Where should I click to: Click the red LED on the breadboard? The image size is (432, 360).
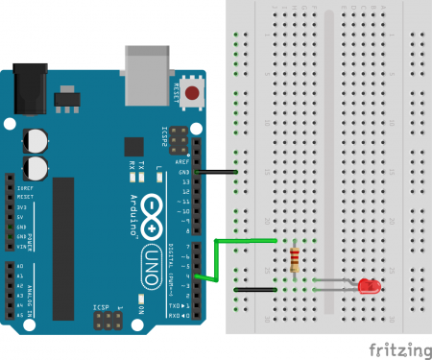[x=366, y=286]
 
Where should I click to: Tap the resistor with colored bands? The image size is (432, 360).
[x=294, y=258]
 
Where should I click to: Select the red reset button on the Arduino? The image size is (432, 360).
[x=194, y=94]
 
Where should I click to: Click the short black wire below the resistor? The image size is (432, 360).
[x=256, y=287]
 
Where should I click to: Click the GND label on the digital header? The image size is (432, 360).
[x=184, y=172]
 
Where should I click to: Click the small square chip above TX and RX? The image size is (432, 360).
[x=133, y=146]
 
